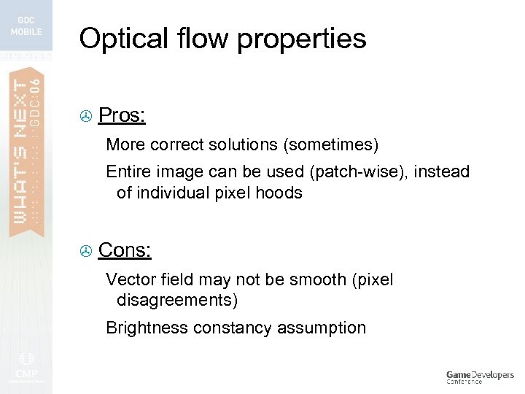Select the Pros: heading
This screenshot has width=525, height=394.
pos(122,115)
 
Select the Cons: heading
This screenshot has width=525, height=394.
pos(125,250)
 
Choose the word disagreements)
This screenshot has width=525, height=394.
pos(176,300)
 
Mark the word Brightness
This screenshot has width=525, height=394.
pos(147,328)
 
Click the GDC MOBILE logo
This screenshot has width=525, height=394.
pos(26,26)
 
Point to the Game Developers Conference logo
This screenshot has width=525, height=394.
pos(480,376)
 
